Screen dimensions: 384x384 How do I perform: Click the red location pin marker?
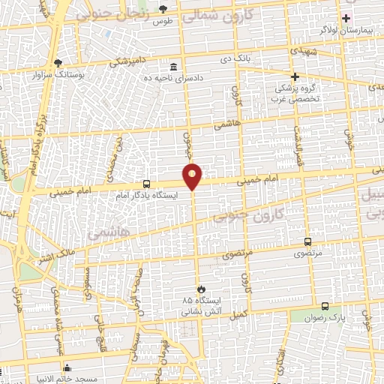193,175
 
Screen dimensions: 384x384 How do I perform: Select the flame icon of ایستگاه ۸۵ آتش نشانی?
200,289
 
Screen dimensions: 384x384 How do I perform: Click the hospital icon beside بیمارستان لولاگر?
346,18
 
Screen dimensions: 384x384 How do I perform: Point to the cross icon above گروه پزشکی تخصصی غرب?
295,76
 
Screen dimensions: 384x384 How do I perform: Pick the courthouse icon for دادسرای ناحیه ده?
174,67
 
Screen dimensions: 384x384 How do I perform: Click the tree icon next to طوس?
163,8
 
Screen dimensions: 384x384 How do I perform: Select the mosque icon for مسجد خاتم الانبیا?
68,367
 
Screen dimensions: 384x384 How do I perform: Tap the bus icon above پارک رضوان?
325,306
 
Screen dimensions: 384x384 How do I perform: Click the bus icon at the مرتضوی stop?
307,242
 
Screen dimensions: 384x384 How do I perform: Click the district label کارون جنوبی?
250,214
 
